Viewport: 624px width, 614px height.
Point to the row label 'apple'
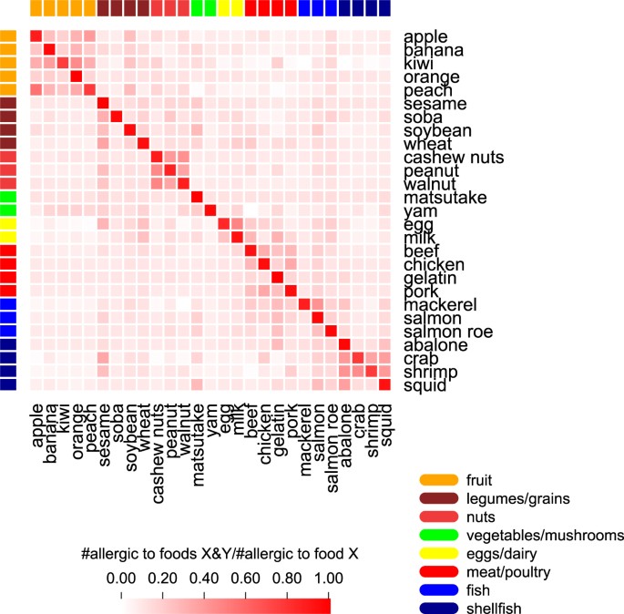coord(425,37)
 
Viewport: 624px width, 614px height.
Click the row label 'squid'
coord(424,385)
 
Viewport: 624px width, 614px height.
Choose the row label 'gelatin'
coord(431,278)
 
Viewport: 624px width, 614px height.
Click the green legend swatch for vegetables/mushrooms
coord(438,535)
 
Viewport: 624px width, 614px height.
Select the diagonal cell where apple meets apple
coord(36,36)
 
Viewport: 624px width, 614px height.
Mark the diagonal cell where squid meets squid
coord(384,385)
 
